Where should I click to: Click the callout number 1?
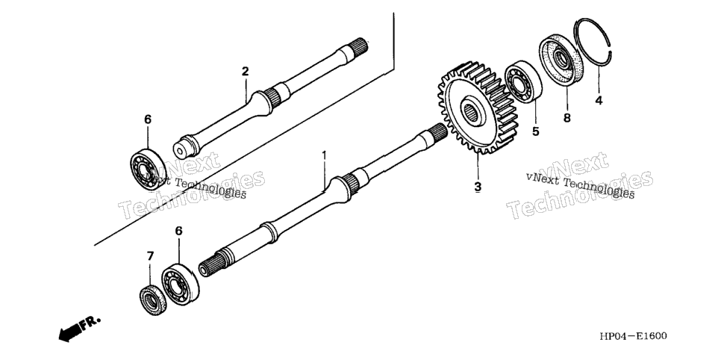coord(324,155)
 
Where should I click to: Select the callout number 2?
coord(245,72)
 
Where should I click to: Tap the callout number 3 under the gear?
coord(478,187)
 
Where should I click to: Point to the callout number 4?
coord(599,100)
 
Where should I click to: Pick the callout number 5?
coord(536,131)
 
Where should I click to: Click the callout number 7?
coord(150,256)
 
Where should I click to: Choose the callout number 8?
coord(567,118)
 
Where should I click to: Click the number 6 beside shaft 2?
coord(148,120)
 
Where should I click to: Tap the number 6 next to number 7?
coord(179,231)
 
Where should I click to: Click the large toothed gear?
coord(477,108)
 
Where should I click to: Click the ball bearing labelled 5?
coord(523,82)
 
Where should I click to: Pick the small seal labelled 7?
coord(153,300)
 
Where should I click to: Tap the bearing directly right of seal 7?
coord(180,284)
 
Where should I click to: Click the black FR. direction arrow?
coord(70,332)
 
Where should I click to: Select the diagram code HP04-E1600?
coord(633,335)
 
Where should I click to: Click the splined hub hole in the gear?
coord(470,111)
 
